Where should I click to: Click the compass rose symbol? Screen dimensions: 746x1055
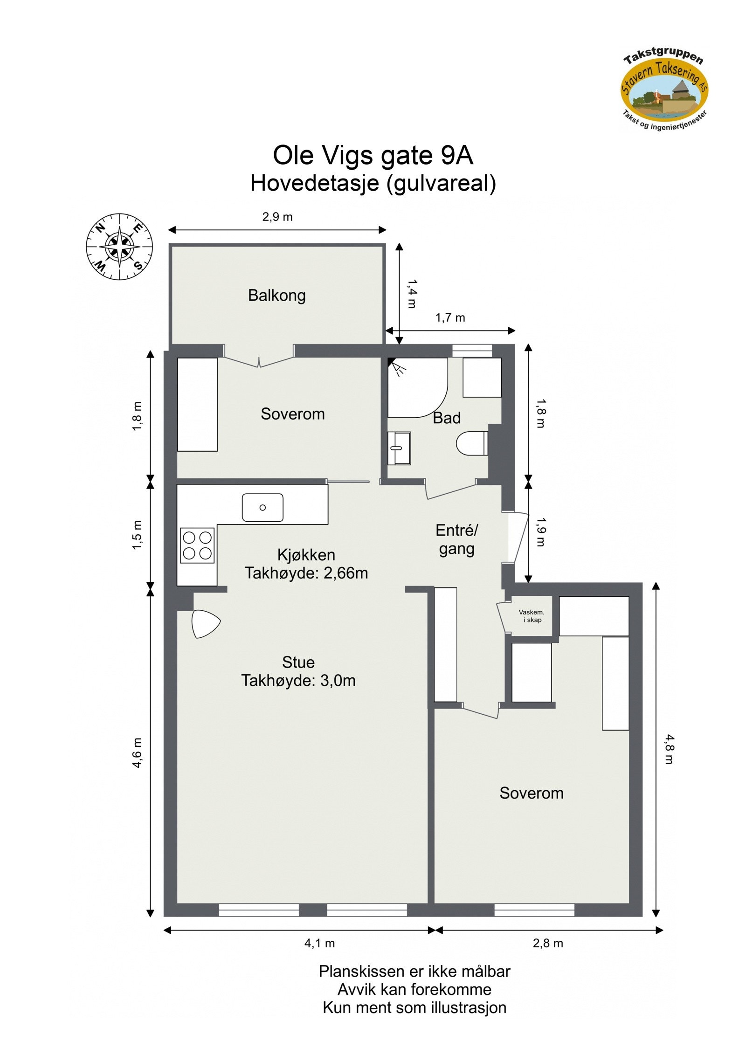[119, 247]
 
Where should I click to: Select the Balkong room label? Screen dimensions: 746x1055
[276, 296]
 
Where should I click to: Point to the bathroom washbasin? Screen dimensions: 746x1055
[399, 448]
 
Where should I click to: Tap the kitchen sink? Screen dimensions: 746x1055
[262, 507]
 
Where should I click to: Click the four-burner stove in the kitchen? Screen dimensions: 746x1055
[197, 545]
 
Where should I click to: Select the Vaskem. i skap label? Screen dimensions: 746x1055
[532, 616]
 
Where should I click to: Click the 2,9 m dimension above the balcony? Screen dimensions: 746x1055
[277, 217]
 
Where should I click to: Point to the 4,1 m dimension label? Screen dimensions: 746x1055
[319, 943]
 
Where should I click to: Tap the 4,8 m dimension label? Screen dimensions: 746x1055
[669, 749]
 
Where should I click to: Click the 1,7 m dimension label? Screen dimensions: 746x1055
[450, 317]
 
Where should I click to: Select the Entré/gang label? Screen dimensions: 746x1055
[456, 539]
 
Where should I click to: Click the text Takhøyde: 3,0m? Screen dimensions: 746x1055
[298, 681]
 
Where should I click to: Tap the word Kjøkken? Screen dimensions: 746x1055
[306, 555]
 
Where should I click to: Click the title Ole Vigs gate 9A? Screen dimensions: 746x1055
[373, 155]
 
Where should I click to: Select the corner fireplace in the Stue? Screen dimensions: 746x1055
[205, 624]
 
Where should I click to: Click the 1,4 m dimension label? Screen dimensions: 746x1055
[412, 294]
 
